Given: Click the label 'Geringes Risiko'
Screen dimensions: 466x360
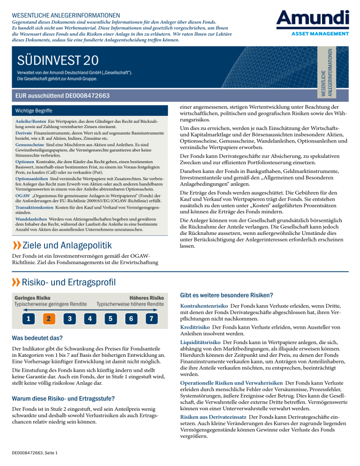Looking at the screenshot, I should (33, 297).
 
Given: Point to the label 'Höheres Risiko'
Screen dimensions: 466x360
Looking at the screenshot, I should (146, 297).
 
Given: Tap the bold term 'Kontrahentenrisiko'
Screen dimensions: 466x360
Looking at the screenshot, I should (202, 305).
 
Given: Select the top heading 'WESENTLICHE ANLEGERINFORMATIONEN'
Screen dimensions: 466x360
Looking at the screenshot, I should (66, 16).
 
